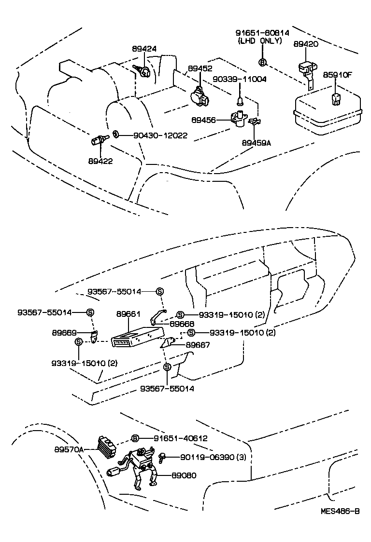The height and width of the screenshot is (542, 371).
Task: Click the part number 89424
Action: [144, 49]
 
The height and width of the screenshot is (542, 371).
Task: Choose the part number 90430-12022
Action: [160, 135]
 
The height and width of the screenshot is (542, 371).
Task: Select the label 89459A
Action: [257, 143]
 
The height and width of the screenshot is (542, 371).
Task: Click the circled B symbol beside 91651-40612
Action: [135, 438]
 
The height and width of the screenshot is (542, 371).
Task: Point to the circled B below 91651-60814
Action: [262, 62]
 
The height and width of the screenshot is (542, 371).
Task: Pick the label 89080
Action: [185, 475]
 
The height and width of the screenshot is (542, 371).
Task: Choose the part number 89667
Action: [198, 345]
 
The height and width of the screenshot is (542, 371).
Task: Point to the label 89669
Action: [64, 332]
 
